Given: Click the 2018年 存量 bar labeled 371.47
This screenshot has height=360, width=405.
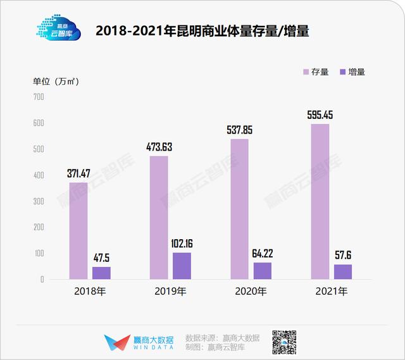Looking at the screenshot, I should [78, 230].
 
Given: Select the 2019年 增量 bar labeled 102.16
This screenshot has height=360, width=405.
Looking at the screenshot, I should [182, 266].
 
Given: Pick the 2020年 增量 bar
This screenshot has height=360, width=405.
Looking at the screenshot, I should [263, 271].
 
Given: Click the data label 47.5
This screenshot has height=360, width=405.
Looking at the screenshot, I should [101, 258].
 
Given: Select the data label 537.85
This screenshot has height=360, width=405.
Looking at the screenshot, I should [240, 130].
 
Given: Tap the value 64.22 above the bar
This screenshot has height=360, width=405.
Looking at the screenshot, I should [263, 253].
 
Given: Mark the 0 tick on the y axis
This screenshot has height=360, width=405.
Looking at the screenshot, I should [41, 279].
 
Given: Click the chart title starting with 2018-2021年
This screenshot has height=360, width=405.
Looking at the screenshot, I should [202, 31].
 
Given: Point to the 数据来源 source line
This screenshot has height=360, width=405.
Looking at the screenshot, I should [222, 337].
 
